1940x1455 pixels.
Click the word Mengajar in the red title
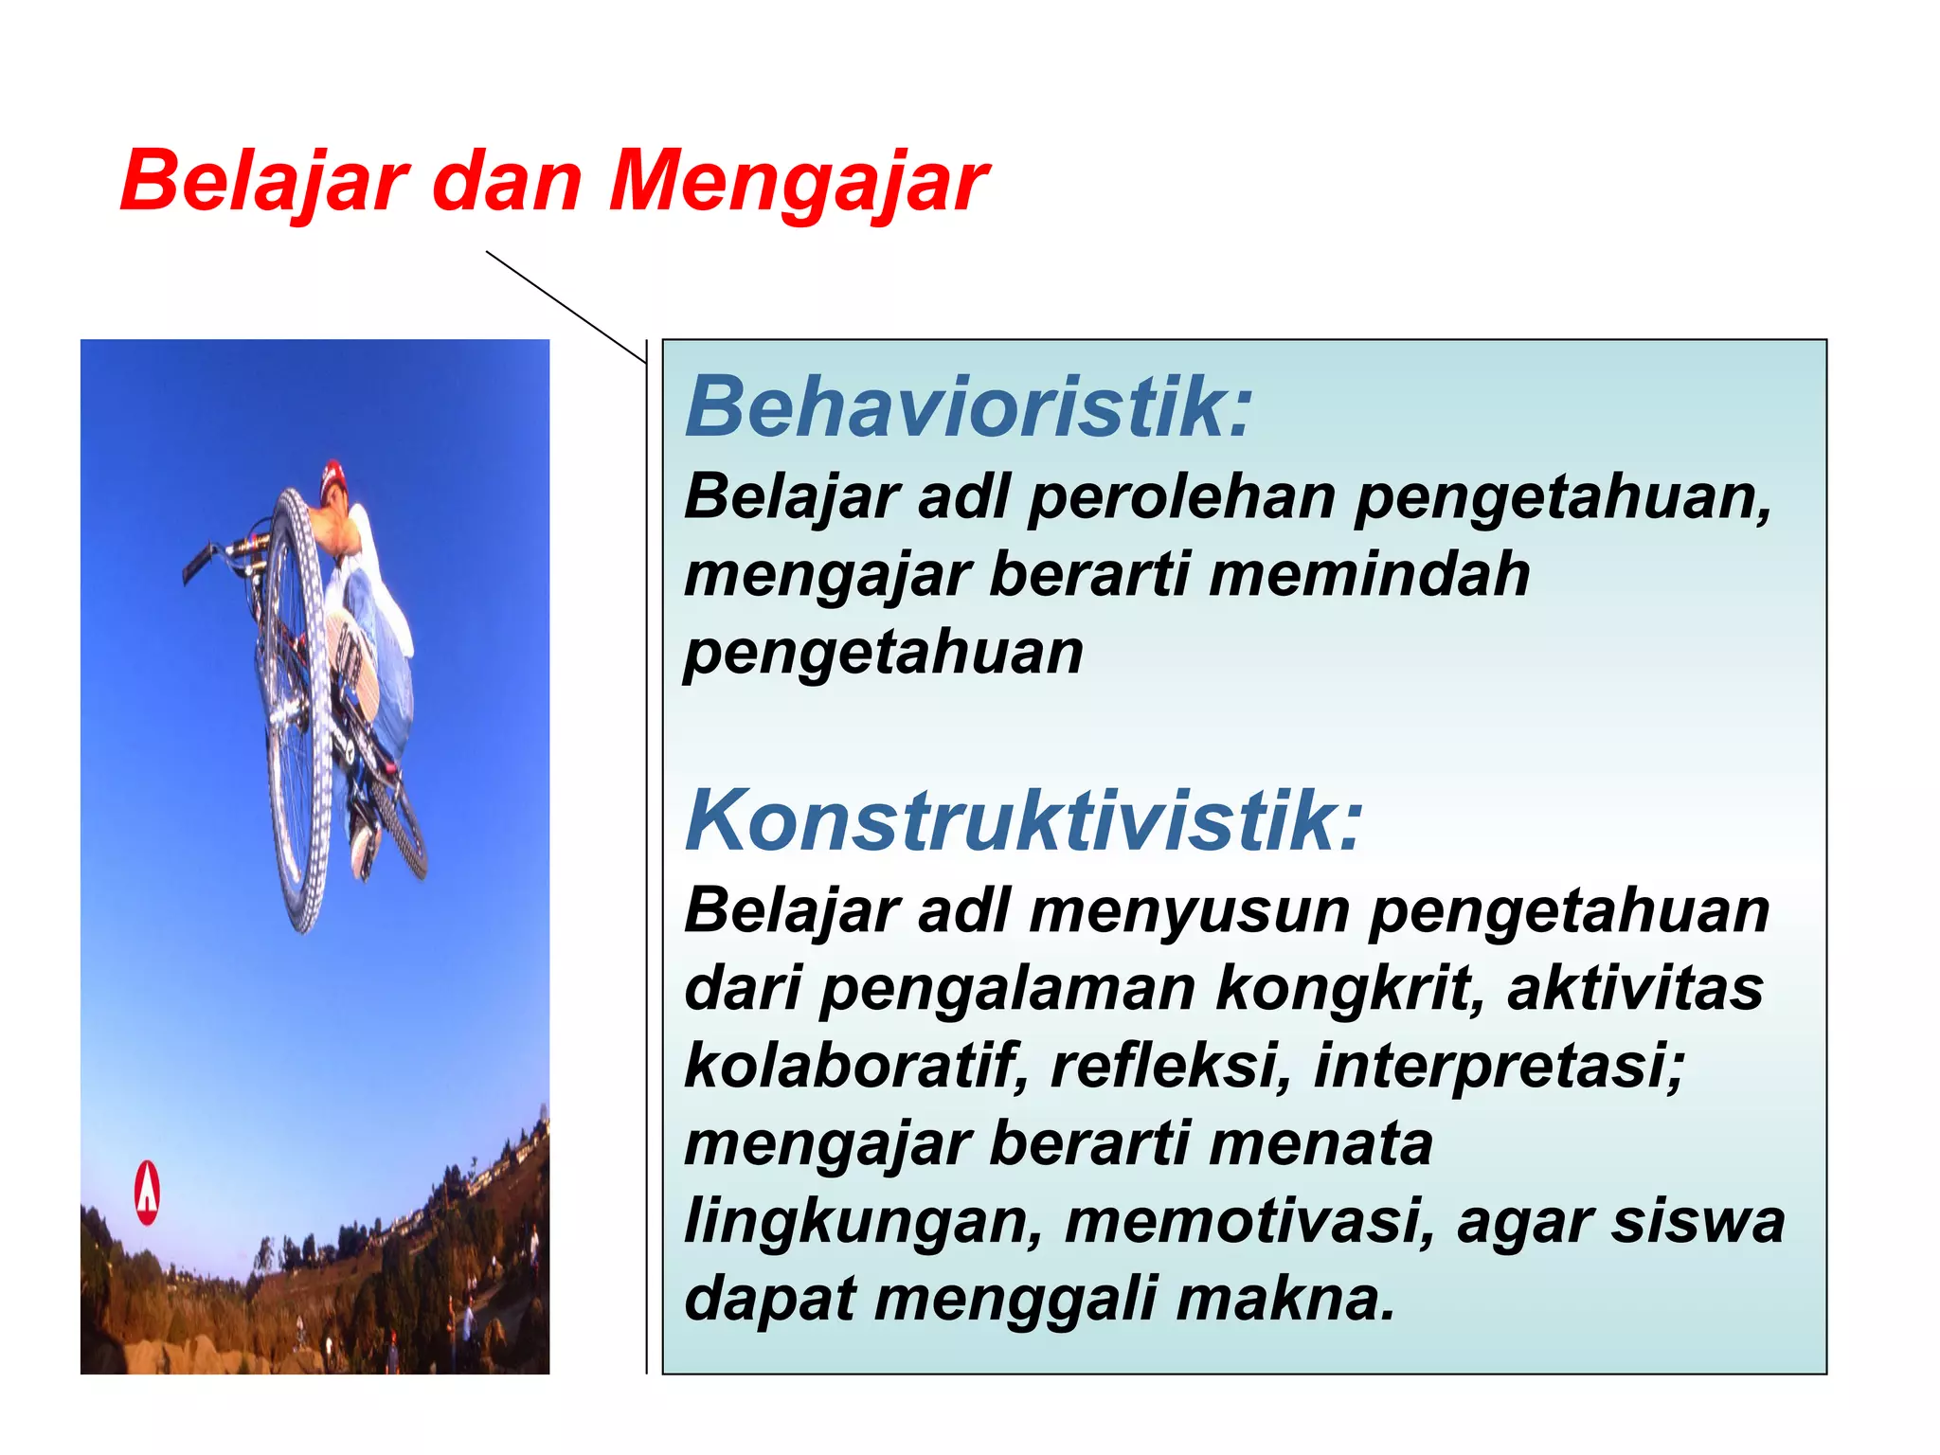(x=799, y=182)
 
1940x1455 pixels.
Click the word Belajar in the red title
(x=264, y=182)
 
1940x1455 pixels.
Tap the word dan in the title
(x=507, y=182)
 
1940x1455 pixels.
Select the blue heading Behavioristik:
(x=968, y=407)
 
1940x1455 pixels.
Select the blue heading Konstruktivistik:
(x=1023, y=820)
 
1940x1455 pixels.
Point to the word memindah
(x=1370, y=575)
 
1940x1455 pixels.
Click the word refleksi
(x=1171, y=1066)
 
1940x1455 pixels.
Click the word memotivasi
(x=1248, y=1221)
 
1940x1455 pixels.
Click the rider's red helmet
(x=332, y=477)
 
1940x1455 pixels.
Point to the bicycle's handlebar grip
(x=198, y=565)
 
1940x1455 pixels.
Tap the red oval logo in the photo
(x=147, y=1192)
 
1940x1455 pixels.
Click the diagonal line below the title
(x=566, y=307)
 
